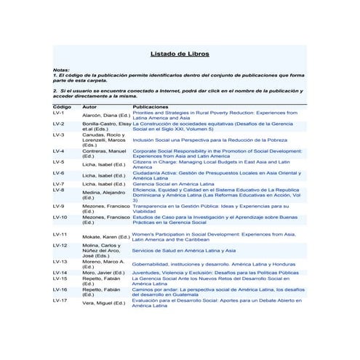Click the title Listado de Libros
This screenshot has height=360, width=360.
coord(180,54)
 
